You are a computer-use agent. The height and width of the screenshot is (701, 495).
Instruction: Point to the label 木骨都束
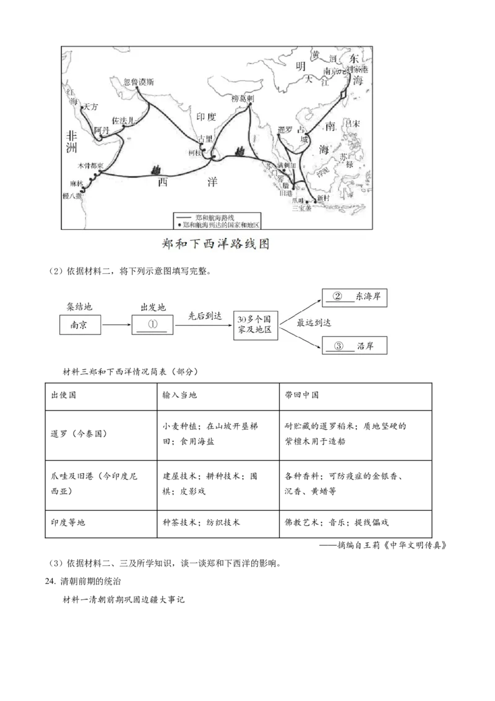pyautogui.click(x=90, y=166)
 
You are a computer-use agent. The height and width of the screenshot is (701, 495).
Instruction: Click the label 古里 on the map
pyautogui.click(x=205, y=139)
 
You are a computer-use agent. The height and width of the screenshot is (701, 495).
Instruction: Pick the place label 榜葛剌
pyautogui.click(x=243, y=98)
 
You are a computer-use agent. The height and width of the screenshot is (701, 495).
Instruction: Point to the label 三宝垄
pyautogui.click(x=303, y=209)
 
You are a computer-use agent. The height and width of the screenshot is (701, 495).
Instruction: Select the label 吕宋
pyautogui.click(x=351, y=124)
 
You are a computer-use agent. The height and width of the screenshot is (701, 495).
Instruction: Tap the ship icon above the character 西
pyautogui.click(x=157, y=168)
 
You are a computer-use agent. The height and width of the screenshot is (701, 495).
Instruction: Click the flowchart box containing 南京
pyautogui.click(x=81, y=325)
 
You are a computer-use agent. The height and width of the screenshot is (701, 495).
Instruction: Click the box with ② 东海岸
pyautogui.click(x=355, y=297)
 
